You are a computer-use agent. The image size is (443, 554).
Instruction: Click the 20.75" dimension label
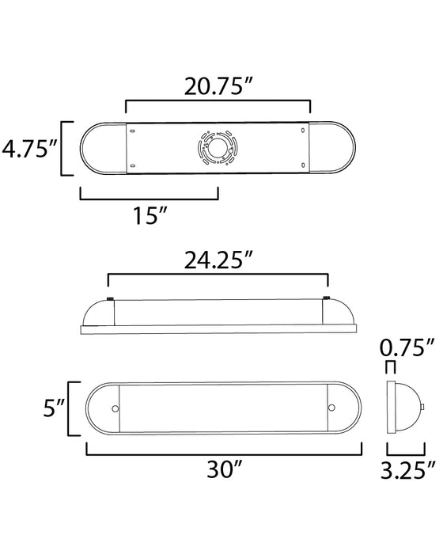[218, 84]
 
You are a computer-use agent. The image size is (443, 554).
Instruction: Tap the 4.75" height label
[29, 148]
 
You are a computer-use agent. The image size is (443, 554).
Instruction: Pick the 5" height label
[50, 409]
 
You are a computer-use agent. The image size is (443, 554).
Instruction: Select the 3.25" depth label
[407, 472]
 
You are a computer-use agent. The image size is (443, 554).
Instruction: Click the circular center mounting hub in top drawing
[217, 148]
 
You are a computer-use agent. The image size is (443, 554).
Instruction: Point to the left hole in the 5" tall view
[116, 409]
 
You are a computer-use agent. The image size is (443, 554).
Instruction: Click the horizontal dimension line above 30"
[223, 454]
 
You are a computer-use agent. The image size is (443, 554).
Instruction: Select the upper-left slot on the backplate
[132, 131]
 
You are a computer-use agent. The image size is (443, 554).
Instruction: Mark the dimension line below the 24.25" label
[218, 275]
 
